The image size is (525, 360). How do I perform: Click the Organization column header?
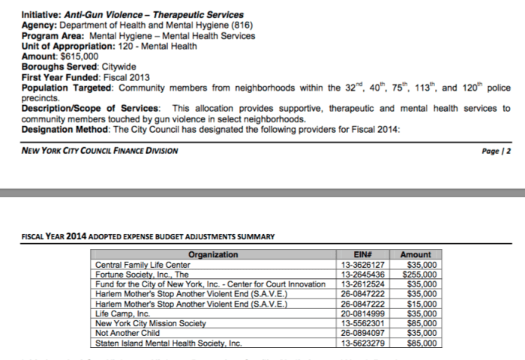(213, 255)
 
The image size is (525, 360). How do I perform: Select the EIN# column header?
(362, 255)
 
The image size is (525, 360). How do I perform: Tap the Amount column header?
(416, 255)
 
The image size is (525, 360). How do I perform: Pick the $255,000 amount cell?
(422, 274)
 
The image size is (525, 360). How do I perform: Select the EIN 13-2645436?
(362, 274)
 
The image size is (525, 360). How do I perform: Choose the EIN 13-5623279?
(362, 343)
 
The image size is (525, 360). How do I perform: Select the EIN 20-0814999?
(362, 314)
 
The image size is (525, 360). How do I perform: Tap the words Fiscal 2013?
(129, 77)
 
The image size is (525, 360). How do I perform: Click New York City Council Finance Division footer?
(100, 151)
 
